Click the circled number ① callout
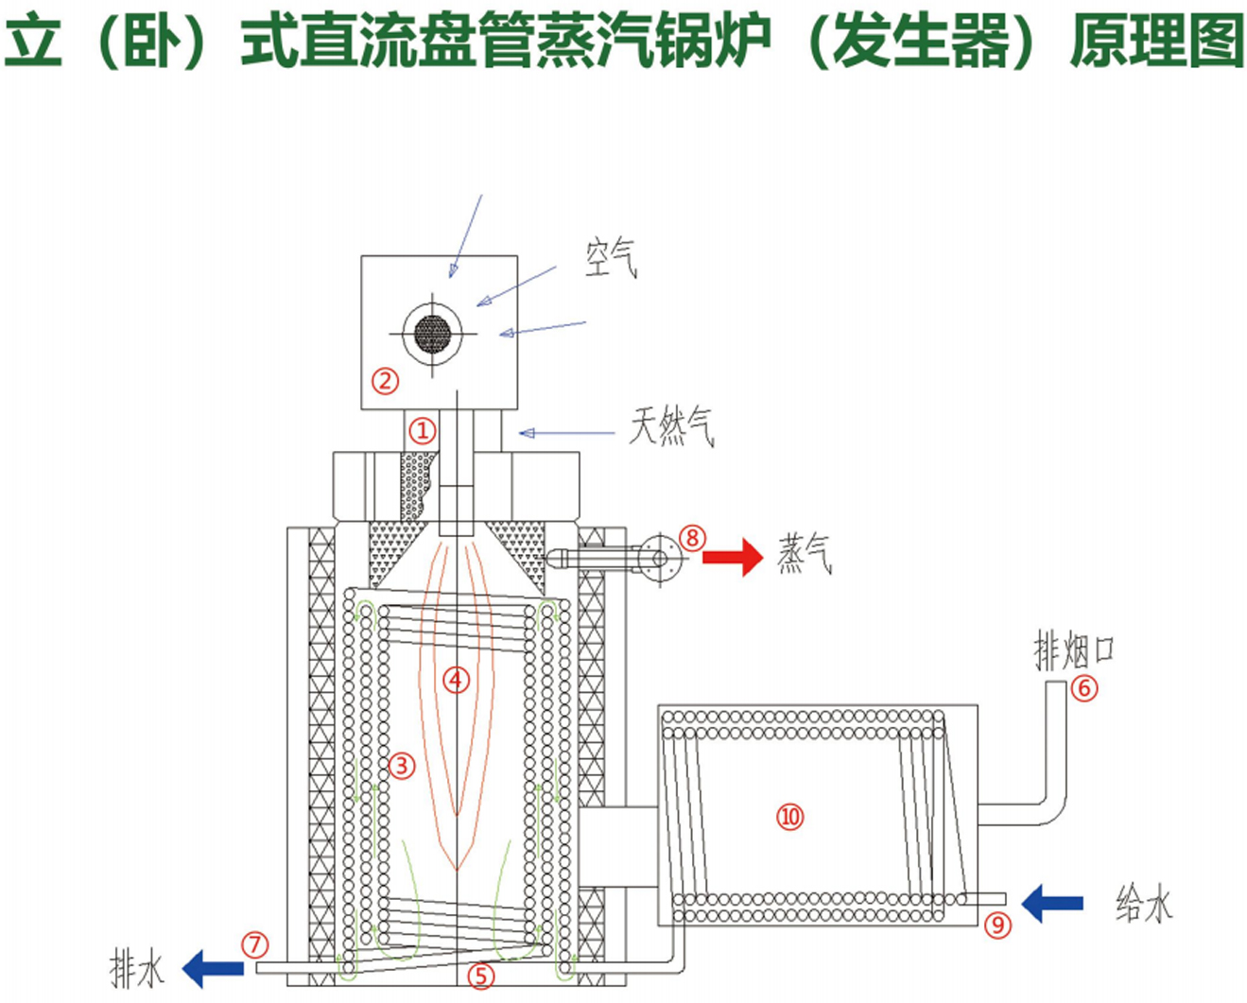(422, 431)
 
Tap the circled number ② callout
(385, 381)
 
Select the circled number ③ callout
(402, 764)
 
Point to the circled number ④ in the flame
(456, 679)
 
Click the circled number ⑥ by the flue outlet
(1084, 687)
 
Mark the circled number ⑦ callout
(254, 944)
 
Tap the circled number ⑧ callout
(692, 538)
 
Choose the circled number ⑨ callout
(998, 924)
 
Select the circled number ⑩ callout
(789, 816)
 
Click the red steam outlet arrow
(732, 557)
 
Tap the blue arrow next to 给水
(1051, 903)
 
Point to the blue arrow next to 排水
(213, 969)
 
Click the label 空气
(611, 257)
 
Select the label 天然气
(672, 427)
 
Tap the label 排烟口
(1074, 651)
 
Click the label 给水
(1144, 904)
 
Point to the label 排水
(137, 969)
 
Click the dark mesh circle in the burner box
(433, 334)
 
